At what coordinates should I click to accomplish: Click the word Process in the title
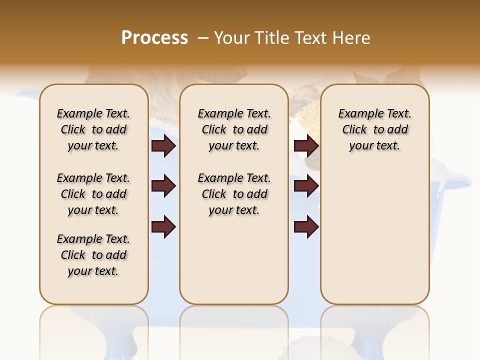point(154,38)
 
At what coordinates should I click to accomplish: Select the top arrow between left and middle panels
point(163,146)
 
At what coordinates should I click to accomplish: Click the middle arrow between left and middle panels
point(163,186)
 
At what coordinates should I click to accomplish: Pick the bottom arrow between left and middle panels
point(163,226)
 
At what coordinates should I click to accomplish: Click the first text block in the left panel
point(93,129)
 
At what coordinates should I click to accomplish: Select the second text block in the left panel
point(93,194)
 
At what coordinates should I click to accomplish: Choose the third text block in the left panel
point(93,255)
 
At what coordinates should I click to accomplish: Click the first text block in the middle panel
point(234,129)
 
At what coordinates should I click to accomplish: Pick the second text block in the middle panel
point(234,194)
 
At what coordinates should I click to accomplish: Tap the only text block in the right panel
point(375,129)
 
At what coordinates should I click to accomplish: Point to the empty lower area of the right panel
point(375,235)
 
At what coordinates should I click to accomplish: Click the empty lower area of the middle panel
point(234,260)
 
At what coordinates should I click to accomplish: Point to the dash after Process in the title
point(202,38)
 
